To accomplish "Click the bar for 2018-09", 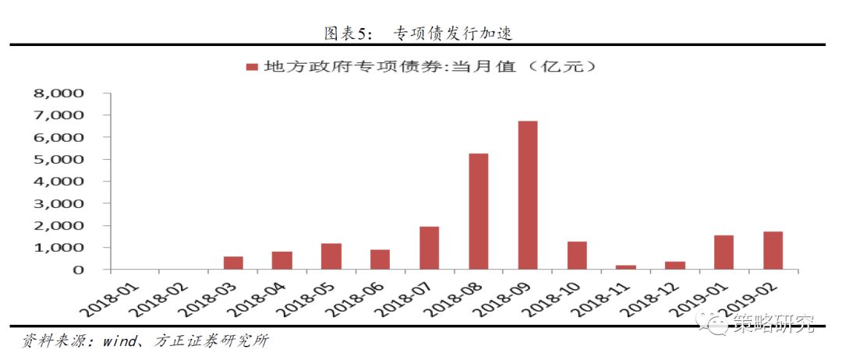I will (x=527, y=195).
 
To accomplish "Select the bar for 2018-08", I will (x=478, y=211).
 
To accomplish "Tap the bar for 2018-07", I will (x=429, y=248).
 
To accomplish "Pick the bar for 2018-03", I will (x=233, y=263).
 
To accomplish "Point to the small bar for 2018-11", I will (x=626, y=266).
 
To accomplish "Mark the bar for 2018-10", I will (x=577, y=255).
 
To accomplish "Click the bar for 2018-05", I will (x=331, y=256).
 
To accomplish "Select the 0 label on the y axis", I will (x=79, y=270).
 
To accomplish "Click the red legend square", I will (x=252, y=68).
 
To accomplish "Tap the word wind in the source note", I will (x=110, y=341).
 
